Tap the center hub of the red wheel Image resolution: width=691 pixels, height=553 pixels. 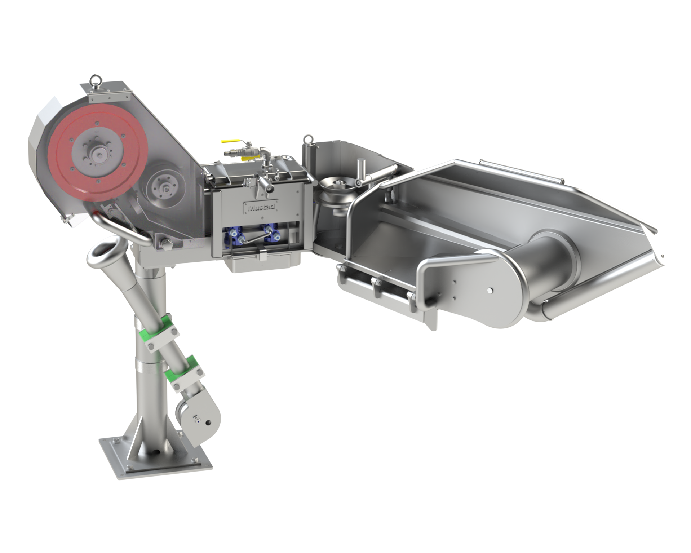96,155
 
